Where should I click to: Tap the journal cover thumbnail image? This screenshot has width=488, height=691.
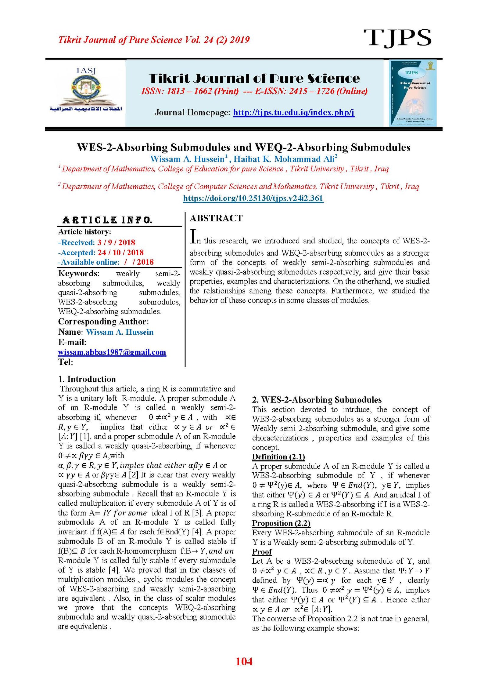[412, 93]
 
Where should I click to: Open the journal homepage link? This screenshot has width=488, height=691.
[293, 113]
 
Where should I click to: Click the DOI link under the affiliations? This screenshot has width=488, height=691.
[253, 198]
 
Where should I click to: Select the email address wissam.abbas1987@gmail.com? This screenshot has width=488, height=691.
[112, 352]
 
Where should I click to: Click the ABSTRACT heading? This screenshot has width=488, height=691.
[216, 218]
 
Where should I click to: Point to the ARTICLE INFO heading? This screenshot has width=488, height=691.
[107, 220]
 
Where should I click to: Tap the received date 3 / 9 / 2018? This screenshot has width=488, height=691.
[116, 242]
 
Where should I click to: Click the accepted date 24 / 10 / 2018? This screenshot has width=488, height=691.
[120, 253]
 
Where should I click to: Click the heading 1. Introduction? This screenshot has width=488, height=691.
[87, 379]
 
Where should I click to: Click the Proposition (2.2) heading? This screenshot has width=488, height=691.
[281, 523]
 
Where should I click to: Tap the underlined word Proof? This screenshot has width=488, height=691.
[262, 552]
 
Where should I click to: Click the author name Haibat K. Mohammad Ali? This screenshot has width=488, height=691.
[285, 159]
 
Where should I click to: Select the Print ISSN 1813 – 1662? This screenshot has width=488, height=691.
[189, 91]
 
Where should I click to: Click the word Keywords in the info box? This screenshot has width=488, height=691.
[79, 273]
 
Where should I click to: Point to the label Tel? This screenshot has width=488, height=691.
[66, 362]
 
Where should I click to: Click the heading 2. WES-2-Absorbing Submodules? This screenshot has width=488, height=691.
[317, 400]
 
